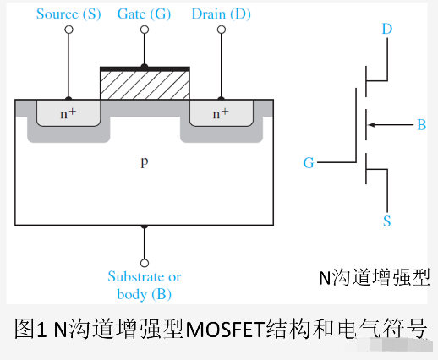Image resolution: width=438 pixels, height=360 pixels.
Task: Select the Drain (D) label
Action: [222, 14]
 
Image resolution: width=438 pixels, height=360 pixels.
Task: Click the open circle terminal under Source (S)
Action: [69, 30]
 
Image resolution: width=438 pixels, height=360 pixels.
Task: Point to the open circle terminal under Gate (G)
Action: [145, 30]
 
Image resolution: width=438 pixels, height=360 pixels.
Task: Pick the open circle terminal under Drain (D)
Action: [222, 30]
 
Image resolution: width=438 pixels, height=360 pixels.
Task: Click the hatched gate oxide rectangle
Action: [145, 85]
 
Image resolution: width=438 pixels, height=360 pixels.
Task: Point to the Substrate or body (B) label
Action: [145, 286]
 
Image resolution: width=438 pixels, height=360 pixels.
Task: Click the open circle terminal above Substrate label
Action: [145, 263]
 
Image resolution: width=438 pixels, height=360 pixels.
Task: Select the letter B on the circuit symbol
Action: [420, 126]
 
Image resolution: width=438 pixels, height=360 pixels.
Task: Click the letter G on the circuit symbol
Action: [309, 162]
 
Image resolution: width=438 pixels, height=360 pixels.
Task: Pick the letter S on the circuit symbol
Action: [387, 221]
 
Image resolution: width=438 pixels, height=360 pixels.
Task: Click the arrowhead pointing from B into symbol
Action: [372, 126]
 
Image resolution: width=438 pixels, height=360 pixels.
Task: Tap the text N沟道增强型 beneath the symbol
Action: [374, 277]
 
